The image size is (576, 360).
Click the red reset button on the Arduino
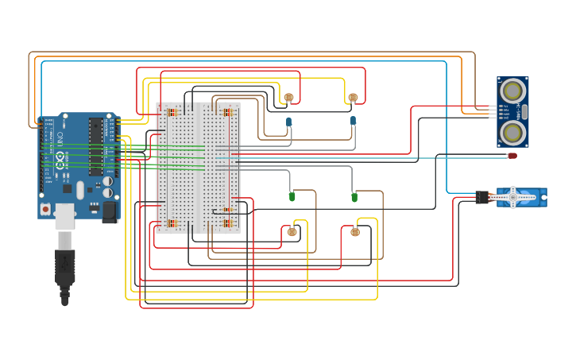[45, 208]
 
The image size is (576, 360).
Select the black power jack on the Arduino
[109, 211]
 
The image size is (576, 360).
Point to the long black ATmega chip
[95, 146]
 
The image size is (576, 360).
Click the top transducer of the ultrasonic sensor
[512, 88]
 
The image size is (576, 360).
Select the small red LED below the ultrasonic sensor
[512, 156]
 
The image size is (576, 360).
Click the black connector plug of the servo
[482, 197]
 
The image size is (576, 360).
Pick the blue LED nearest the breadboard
[288, 122]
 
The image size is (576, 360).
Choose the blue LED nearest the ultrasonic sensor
[353, 121]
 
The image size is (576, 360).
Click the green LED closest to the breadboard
[292, 195]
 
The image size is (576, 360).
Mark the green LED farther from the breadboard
[354, 196]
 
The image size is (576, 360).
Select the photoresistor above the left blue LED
[288, 99]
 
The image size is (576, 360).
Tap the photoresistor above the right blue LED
[353, 98]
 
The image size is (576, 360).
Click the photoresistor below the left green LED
[292, 232]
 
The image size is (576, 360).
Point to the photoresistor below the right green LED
[355, 232]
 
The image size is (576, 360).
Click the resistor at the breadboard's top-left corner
[172, 112]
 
